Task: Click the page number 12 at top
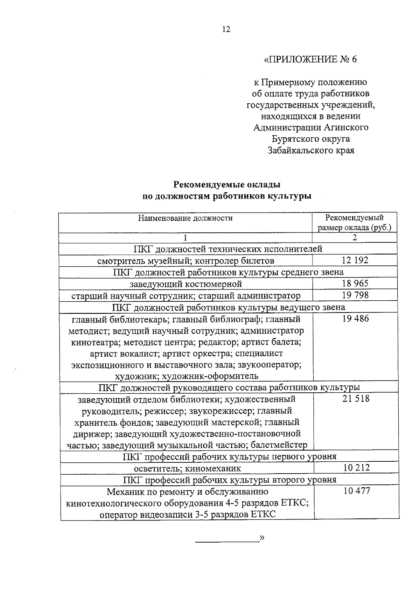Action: pyautogui.click(x=226, y=29)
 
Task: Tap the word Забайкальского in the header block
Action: pyautogui.click(x=295, y=151)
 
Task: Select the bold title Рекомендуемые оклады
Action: pyautogui.click(x=227, y=184)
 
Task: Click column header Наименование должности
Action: pyautogui.click(x=185, y=218)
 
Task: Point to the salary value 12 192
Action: pyautogui.click(x=355, y=260)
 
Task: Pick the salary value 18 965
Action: pyautogui.click(x=355, y=283)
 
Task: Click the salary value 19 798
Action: pyautogui.click(x=355, y=295)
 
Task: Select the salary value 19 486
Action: pyautogui.click(x=355, y=319)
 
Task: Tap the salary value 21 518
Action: pyautogui.click(x=356, y=399)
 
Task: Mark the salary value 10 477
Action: pyautogui.click(x=356, y=491)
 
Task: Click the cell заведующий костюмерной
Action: pyautogui.click(x=185, y=284)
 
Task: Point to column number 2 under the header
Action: pyautogui.click(x=355, y=238)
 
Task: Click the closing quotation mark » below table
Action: pyautogui.click(x=261, y=537)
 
